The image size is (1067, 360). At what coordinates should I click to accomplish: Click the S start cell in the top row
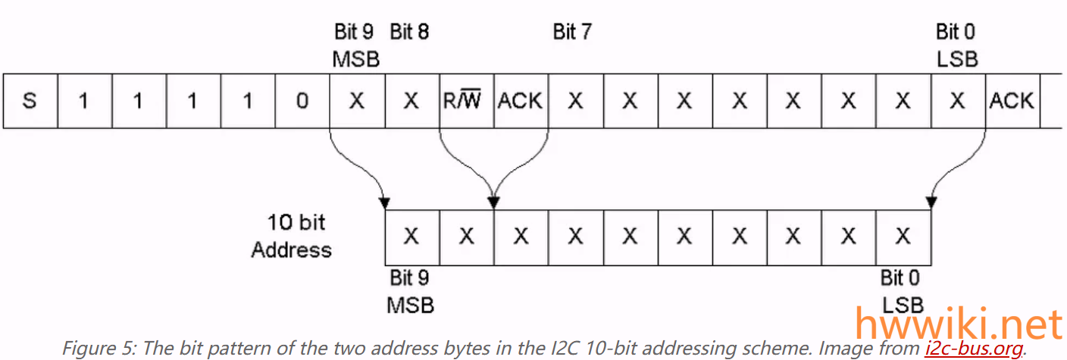[x=30, y=101]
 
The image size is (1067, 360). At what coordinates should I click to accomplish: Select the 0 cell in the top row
[x=302, y=101]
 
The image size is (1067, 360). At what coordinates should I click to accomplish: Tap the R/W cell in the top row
[x=466, y=101]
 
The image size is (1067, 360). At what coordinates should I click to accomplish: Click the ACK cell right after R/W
[x=520, y=101]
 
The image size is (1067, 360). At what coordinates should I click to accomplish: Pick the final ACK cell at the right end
[x=1011, y=101]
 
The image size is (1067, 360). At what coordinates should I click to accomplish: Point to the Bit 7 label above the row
[x=572, y=32]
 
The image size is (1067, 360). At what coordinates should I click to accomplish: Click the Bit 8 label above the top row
[x=409, y=32]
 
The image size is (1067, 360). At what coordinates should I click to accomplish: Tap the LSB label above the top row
[x=956, y=58]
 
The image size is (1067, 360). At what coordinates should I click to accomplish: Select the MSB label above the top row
[x=355, y=58]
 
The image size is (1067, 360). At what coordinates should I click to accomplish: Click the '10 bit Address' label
[x=292, y=236]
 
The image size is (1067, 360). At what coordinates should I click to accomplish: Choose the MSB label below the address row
[x=410, y=305]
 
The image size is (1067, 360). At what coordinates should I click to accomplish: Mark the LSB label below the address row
[x=903, y=305]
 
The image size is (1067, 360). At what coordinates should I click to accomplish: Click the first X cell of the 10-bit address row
[x=411, y=236]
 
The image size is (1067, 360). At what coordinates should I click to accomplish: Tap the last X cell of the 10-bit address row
[x=903, y=236]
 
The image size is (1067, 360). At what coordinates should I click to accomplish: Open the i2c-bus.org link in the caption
[x=974, y=349]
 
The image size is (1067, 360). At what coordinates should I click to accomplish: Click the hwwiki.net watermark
[x=958, y=325]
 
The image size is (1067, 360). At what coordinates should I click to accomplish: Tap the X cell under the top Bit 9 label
[x=356, y=101]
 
